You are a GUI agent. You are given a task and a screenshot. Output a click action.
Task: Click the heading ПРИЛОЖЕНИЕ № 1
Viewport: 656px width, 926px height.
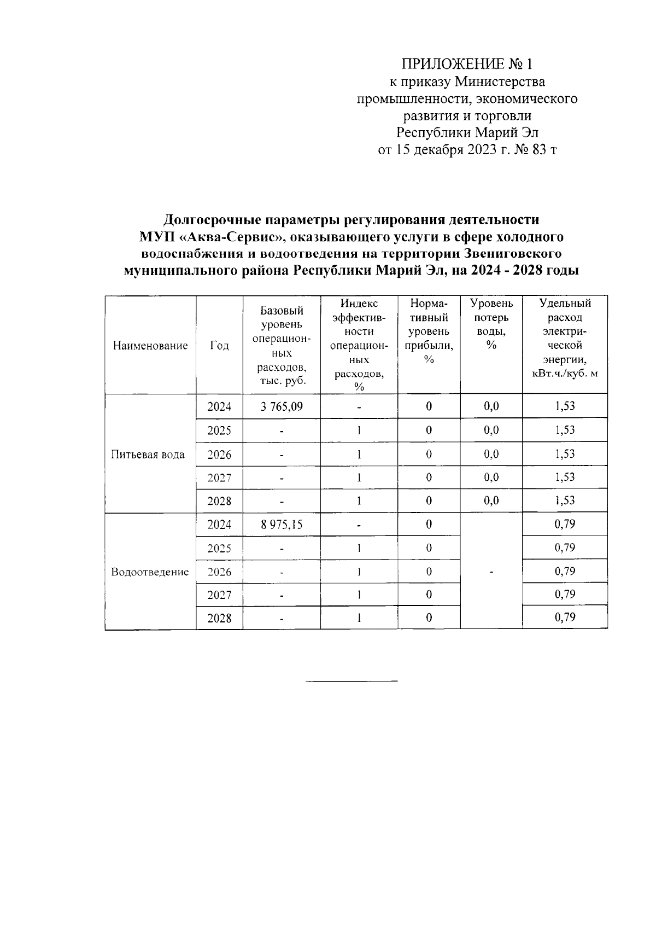point(467,65)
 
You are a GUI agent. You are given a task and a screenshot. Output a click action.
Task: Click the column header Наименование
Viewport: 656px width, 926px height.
point(150,346)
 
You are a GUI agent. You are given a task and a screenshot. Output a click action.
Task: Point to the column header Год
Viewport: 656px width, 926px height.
point(219,346)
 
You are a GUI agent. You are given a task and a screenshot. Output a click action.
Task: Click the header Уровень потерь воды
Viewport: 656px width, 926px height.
point(491,324)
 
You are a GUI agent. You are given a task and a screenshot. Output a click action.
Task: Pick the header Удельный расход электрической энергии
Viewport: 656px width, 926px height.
point(565,338)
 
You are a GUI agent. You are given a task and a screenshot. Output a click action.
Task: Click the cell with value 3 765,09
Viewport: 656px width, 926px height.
point(282,406)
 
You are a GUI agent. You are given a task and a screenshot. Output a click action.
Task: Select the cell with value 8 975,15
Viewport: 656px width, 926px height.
point(282,525)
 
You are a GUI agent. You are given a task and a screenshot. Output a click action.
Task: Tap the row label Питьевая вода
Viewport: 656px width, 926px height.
point(148,455)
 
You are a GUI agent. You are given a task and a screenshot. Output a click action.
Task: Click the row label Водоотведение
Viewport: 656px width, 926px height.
point(150,572)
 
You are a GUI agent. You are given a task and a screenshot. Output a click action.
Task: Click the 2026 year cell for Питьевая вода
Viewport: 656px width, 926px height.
point(219,455)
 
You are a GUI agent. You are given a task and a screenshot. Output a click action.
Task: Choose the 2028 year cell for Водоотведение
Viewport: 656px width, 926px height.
point(219,619)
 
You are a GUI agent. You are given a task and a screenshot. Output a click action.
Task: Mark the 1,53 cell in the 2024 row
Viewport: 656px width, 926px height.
point(565,406)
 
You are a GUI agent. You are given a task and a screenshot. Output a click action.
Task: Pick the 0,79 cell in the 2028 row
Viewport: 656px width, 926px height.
point(565,618)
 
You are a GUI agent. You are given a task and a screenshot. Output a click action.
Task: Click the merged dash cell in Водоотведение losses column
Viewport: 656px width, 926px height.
point(491,572)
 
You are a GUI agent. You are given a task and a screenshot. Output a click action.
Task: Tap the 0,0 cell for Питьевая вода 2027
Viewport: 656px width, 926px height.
point(491,477)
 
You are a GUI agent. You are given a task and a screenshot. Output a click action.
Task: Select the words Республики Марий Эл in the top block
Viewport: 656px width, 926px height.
point(467,133)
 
